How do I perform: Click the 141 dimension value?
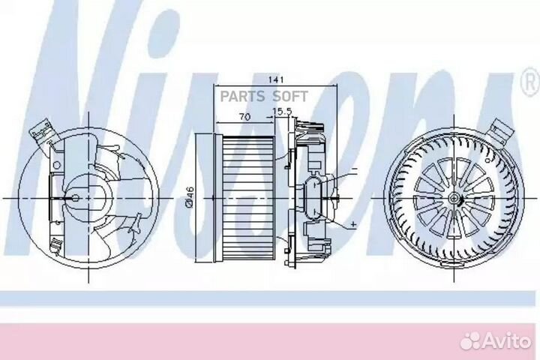(276, 79)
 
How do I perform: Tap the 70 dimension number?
(244, 117)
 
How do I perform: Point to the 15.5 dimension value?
(282, 111)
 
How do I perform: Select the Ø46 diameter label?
(190, 197)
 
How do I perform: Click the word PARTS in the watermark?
(242, 97)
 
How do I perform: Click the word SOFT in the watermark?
(290, 97)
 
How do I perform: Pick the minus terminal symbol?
(355, 169)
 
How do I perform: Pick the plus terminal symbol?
(353, 224)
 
